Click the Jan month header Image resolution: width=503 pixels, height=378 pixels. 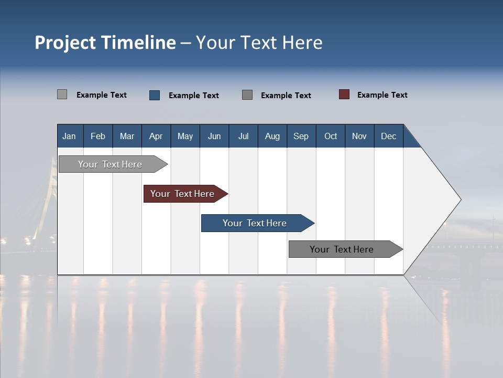point(69,136)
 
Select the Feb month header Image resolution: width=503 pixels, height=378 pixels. point(98,136)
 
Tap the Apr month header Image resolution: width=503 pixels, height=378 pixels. point(156,136)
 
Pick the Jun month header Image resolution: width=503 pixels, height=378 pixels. point(214,136)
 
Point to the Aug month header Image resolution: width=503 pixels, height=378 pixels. point(272,136)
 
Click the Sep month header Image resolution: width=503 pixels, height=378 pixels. point(301,136)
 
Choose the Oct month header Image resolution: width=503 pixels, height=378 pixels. point(331,136)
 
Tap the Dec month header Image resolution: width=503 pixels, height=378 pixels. point(388,136)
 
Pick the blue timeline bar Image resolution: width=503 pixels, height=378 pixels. point(256,223)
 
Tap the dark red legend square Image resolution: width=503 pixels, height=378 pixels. point(344,94)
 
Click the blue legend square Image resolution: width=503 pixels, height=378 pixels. point(155,95)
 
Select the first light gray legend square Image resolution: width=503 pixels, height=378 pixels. point(62,94)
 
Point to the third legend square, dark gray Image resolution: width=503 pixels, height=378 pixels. point(247,94)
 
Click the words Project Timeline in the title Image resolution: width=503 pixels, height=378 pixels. point(105,43)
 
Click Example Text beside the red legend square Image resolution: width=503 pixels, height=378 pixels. point(382,95)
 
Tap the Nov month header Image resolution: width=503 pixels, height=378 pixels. point(359,136)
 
